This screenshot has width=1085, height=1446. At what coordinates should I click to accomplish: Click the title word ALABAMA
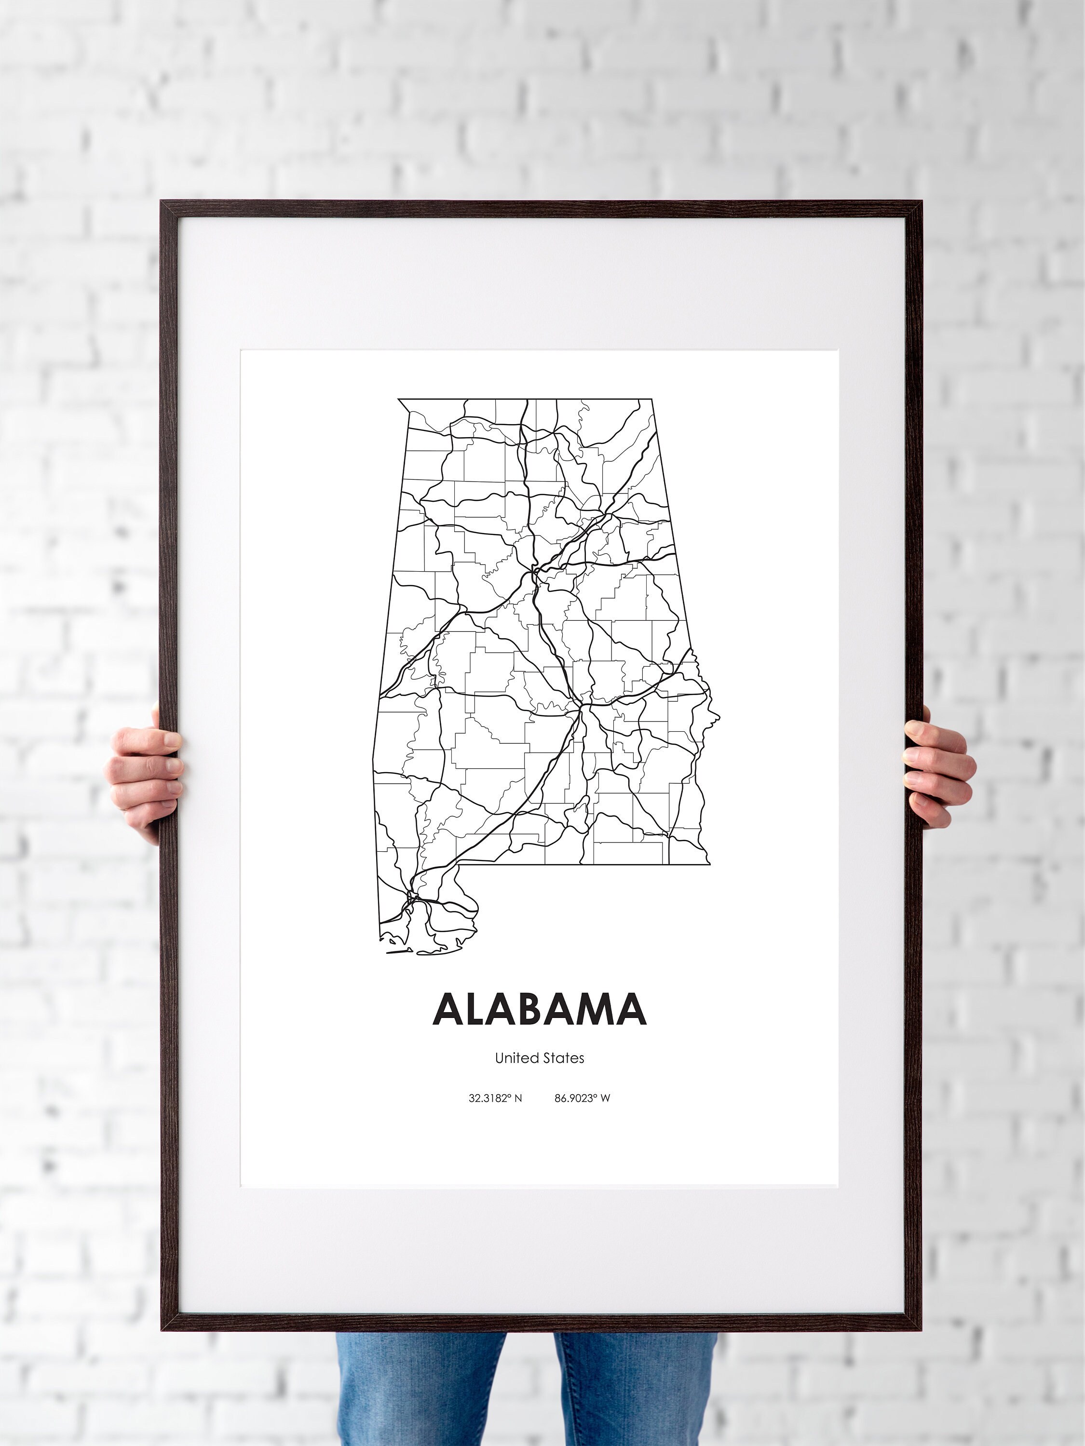point(540,1010)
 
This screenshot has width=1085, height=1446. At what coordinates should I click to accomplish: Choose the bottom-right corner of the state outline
point(710,864)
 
